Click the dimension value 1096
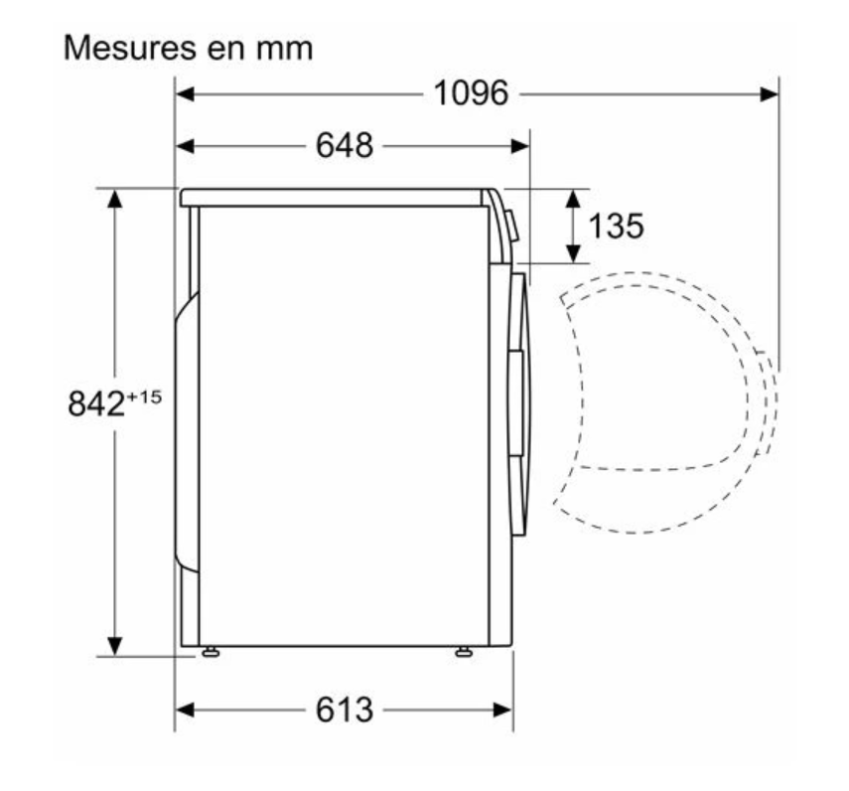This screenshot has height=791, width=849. tap(471, 93)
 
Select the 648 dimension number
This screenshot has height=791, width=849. tap(345, 145)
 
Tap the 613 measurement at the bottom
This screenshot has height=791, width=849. tap(345, 710)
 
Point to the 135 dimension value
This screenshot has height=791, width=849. tap(617, 226)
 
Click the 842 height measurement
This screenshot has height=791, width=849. tap(96, 403)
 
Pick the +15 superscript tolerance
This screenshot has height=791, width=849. tap(144, 397)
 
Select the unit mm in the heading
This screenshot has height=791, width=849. tap(284, 50)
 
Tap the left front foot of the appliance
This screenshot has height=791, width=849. tap(211, 652)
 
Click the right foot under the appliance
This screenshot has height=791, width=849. tap(464, 652)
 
